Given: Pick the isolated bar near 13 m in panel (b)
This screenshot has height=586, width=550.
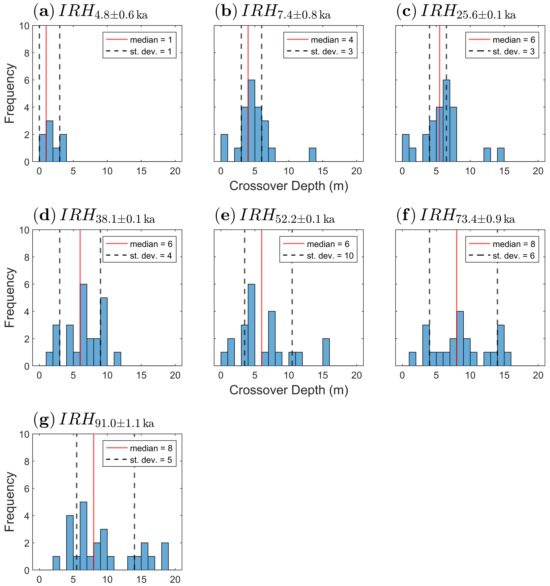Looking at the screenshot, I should pyautogui.click(x=312, y=155).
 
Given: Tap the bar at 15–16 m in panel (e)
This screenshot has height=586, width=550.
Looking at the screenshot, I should pyautogui.click(x=326, y=352).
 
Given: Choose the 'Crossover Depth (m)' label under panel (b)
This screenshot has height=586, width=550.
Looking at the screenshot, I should pyautogui.click(x=289, y=186).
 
